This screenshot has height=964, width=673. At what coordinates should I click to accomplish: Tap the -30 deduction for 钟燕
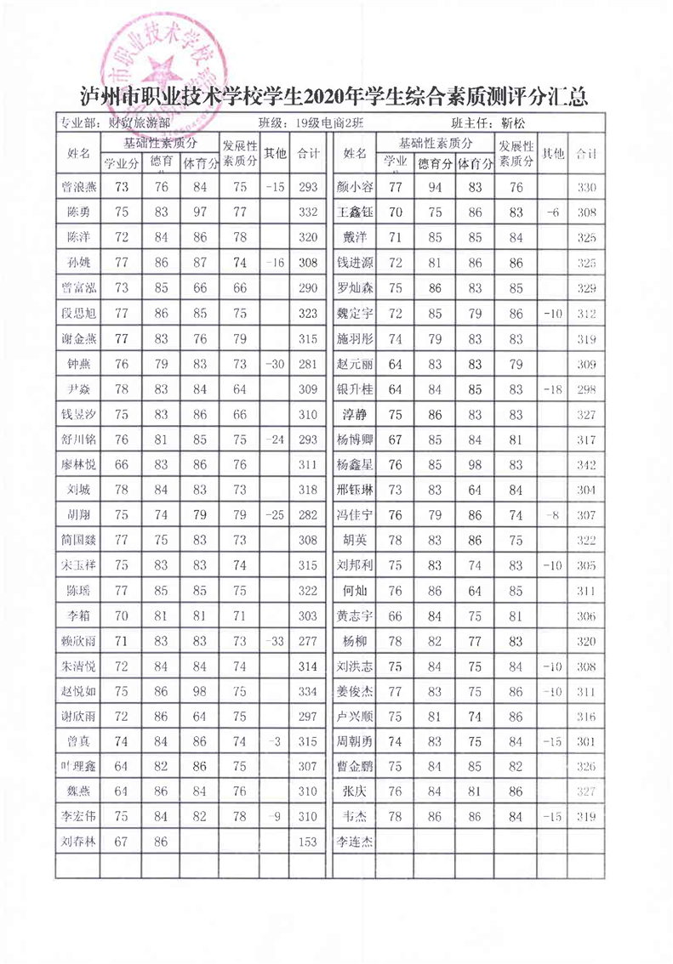click(274, 364)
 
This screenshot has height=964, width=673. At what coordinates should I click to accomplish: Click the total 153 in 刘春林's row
click(308, 842)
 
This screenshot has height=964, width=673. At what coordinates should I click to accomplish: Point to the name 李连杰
click(355, 842)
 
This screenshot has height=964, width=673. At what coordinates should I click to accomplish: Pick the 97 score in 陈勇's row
click(200, 212)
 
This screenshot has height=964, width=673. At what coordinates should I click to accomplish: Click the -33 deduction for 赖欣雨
click(274, 642)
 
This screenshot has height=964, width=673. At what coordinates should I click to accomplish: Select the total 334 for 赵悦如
click(308, 692)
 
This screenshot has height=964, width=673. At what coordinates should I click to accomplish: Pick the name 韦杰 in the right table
click(355, 818)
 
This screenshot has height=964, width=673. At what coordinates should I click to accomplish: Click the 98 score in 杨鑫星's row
click(475, 465)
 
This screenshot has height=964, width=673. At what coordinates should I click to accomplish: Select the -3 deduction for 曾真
click(274, 742)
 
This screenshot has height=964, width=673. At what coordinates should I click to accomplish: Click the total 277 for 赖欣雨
click(308, 642)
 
